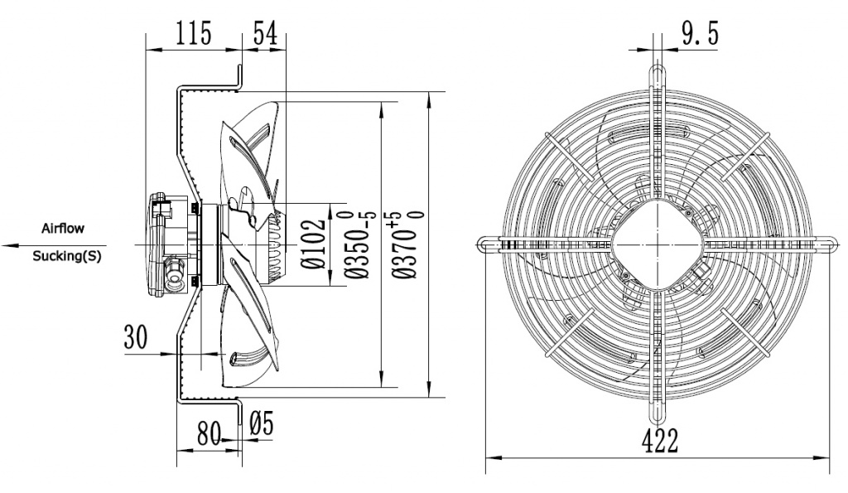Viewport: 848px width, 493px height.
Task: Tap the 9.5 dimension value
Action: coord(700,34)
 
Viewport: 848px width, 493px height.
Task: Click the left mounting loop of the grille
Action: coord(489,244)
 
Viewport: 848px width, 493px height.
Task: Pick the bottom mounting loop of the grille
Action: coord(658,414)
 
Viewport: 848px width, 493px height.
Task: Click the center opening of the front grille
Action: coord(658,244)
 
